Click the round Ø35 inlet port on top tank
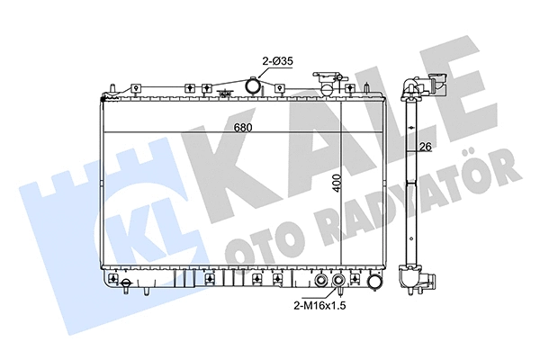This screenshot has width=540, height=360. click(252, 86)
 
